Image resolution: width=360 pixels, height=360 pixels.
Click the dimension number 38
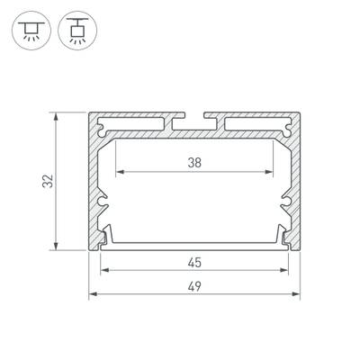(194, 162)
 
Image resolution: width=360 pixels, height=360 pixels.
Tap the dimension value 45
(194, 264)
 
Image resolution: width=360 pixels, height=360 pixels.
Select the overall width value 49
(195, 286)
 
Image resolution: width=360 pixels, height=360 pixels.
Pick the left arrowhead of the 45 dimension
(103, 271)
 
